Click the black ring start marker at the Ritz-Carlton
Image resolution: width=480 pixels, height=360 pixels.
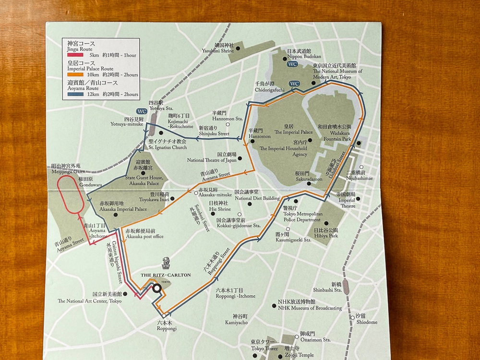coord(157,288)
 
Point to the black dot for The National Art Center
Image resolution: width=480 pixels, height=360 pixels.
coord(125,294)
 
